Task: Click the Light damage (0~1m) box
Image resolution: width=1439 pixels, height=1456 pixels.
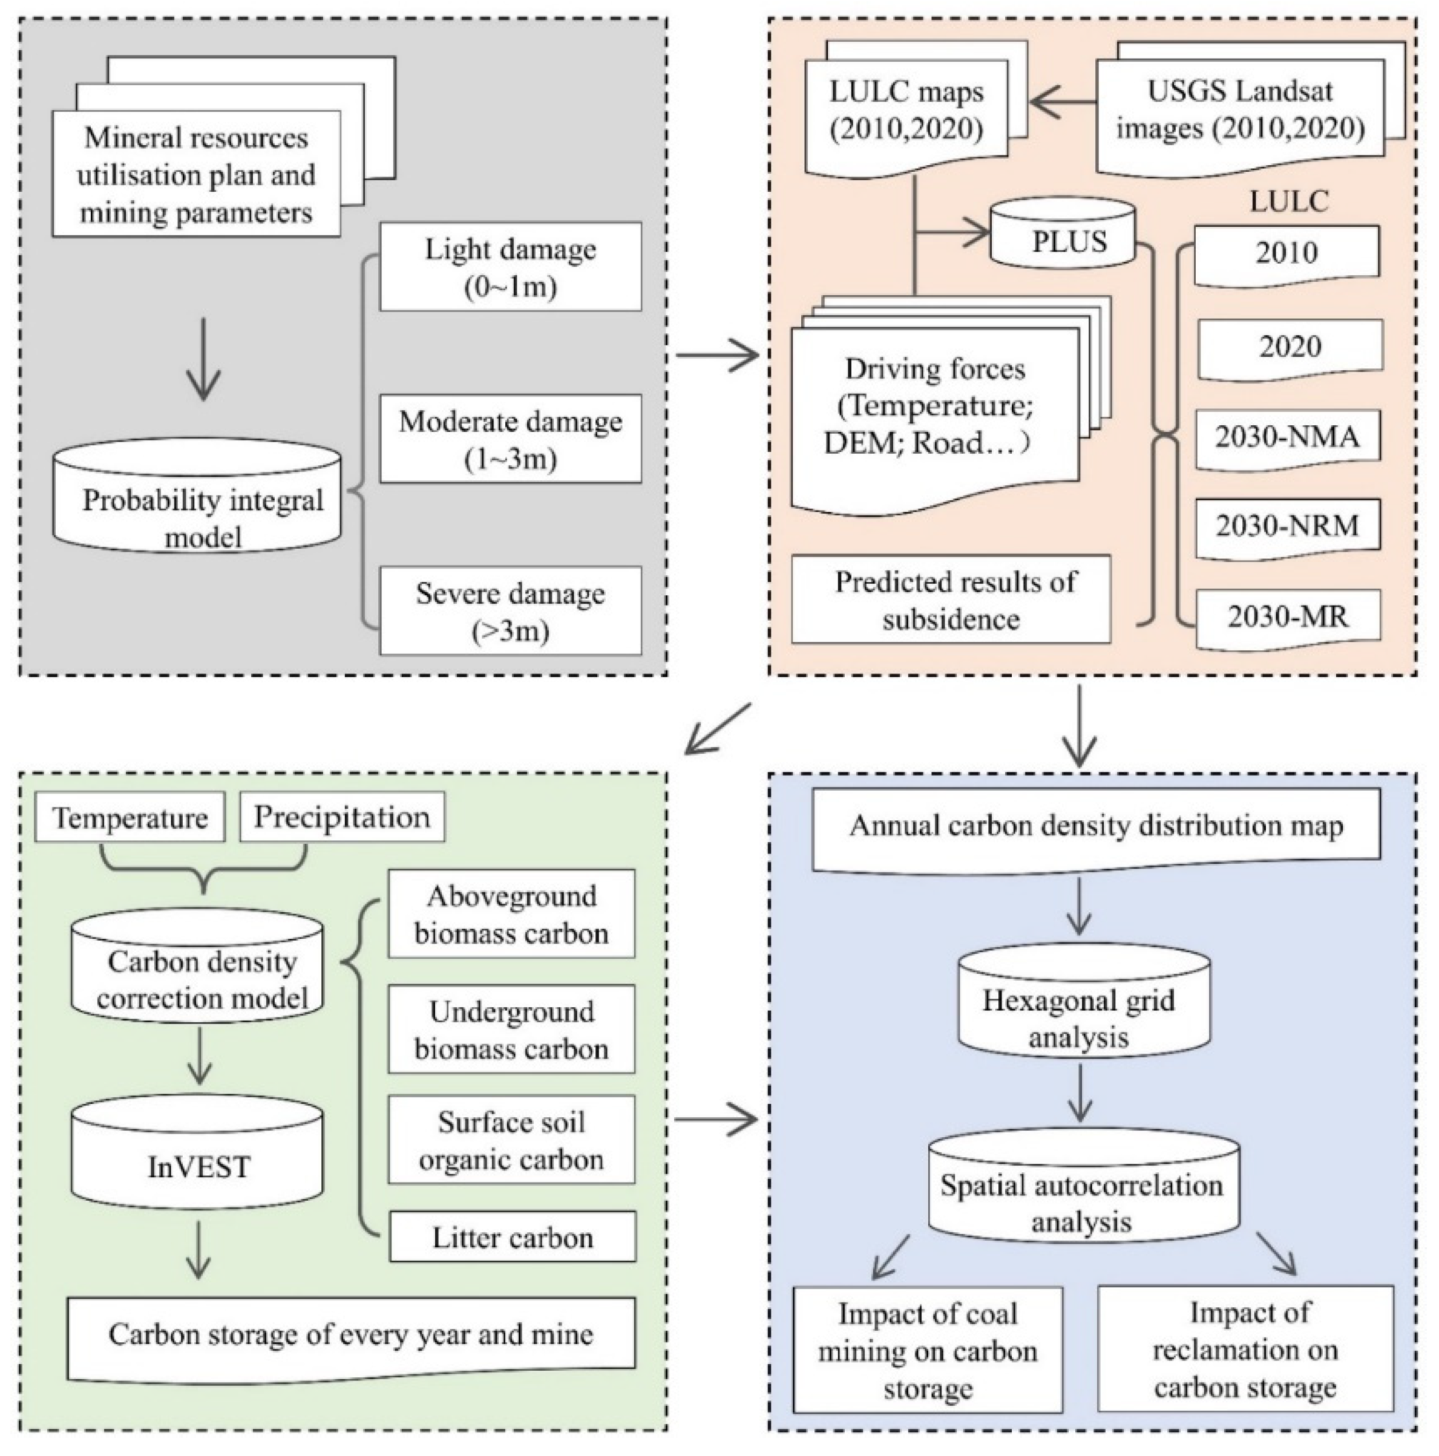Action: point(510,266)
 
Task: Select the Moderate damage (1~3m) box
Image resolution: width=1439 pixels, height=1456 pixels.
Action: point(510,439)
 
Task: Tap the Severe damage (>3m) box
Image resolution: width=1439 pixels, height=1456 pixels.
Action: point(510,611)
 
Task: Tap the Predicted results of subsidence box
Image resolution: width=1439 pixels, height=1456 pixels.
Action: point(951,600)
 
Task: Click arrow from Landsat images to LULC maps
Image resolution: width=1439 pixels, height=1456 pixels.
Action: point(1063,101)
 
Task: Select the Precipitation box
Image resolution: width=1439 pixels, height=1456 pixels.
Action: point(341,818)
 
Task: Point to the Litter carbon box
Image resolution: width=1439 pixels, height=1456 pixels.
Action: point(513,1238)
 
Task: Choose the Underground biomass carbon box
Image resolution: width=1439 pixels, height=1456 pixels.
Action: point(511,1030)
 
